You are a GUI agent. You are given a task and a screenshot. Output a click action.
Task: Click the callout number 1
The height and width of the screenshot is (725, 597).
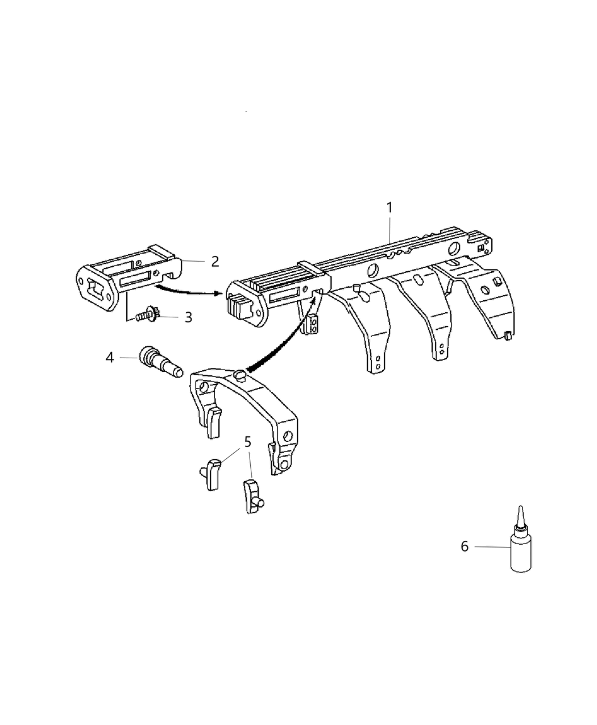tap(389, 208)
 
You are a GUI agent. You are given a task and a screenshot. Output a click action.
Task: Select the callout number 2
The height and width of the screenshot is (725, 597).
tap(214, 262)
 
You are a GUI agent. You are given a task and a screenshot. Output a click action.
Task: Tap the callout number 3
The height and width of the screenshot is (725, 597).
tap(188, 317)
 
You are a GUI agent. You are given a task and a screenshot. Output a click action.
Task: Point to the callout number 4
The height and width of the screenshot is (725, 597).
tap(110, 358)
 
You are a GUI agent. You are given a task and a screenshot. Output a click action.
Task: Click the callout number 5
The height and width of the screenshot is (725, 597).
tap(247, 441)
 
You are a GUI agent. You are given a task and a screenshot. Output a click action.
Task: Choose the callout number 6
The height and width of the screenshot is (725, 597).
tap(465, 546)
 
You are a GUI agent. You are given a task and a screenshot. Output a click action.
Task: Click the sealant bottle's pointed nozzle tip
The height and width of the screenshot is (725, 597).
tap(519, 508)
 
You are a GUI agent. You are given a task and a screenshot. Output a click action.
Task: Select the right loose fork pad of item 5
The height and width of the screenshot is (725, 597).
tap(252, 495)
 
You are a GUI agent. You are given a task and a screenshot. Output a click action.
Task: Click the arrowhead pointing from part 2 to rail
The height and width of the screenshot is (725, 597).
tap(217, 294)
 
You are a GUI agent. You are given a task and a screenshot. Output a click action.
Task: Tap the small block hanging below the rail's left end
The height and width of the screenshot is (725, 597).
tap(312, 324)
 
